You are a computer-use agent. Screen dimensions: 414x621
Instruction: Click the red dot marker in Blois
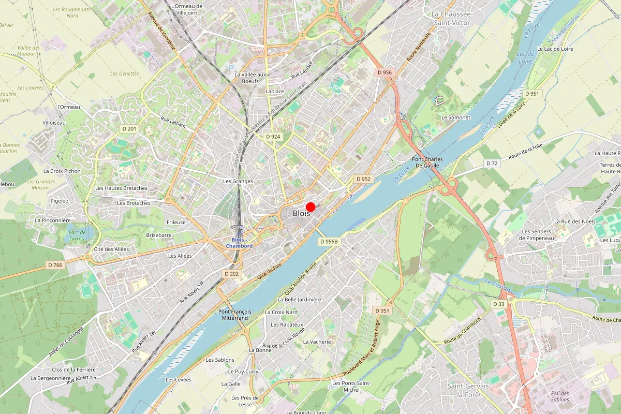coord(310,207)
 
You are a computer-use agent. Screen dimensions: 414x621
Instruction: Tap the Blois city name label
coord(301,213)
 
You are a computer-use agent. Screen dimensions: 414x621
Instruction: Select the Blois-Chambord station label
coord(239,243)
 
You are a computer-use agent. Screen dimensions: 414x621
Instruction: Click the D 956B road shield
coord(329,242)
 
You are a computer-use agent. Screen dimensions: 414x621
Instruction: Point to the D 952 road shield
coord(364,179)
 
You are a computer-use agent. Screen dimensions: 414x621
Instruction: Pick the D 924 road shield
coord(273,137)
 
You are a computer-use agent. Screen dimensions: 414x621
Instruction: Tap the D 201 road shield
coord(128,128)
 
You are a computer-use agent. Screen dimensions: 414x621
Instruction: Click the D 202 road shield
coord(232,273)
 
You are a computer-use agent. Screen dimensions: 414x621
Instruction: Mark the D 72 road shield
coord(492,163)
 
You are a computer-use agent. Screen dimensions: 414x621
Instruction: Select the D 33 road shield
coord(499,304)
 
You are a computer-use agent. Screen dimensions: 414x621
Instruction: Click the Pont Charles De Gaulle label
coord(425,162)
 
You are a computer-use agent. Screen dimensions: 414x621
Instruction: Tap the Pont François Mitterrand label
coord(235,315)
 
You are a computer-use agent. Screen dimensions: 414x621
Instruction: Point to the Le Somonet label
coord(455,117)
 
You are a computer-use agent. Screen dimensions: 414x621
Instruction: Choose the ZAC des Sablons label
coord(558,396)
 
